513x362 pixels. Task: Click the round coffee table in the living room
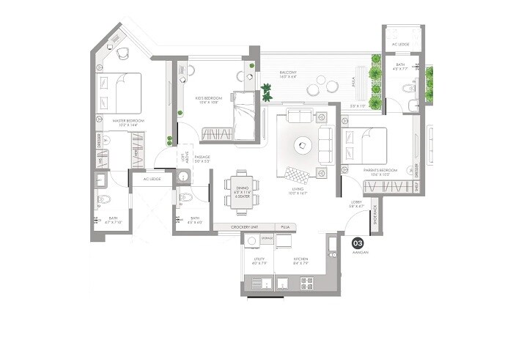click(x=302, y=146)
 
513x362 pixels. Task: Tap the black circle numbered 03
click(x=358, y=243)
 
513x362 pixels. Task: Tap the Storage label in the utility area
click(x=267, y=238)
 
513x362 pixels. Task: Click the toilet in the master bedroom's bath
click(x=104, y=199)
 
